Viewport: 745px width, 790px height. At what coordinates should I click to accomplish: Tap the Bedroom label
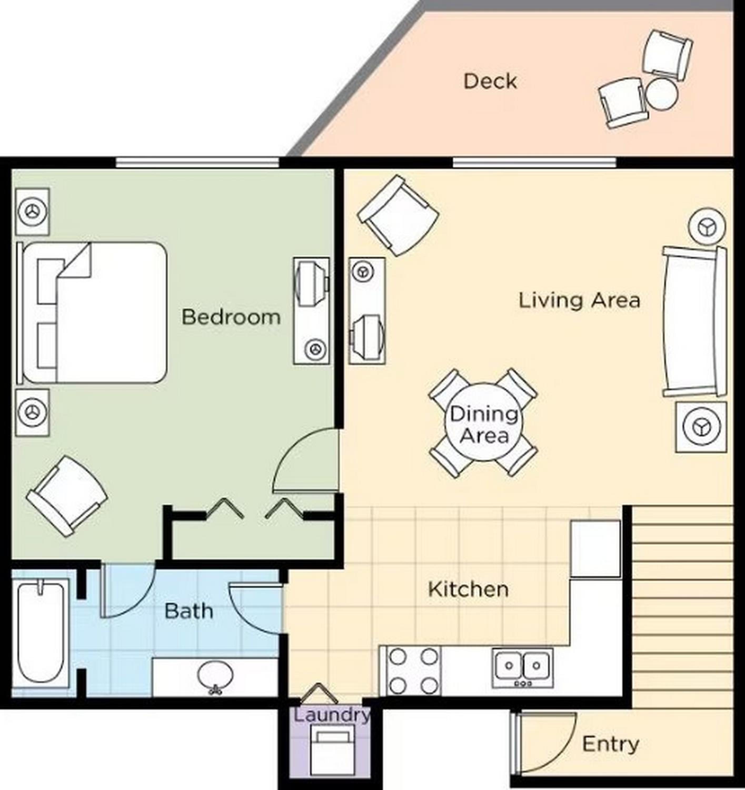coord(231,317)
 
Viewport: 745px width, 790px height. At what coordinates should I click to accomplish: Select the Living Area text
coord(579,300)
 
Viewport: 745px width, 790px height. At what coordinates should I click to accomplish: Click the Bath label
coord(189,611)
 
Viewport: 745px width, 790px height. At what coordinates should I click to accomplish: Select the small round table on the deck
coord(661,94)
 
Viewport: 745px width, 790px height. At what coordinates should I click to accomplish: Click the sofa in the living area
coord(694,322)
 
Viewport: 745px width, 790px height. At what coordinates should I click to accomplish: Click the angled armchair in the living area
coord(398,216)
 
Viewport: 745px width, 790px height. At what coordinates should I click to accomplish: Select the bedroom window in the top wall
coord(197,162)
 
